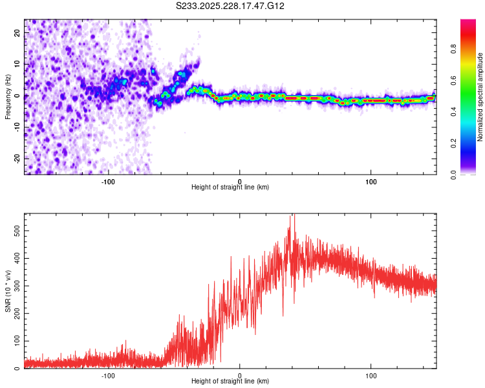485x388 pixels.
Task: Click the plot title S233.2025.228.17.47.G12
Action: (231, 6)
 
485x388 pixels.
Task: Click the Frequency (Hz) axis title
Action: (8, 97)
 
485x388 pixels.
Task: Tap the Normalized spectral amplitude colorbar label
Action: (480, 97)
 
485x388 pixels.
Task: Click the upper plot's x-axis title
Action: (230, 187)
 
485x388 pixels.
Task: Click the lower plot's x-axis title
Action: (230, 381)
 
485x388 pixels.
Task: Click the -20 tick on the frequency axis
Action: (17, 158)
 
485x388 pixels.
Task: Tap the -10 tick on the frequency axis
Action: (17, 127)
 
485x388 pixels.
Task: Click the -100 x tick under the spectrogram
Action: (108, 180)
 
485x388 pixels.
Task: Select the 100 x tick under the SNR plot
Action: (371, 375)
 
